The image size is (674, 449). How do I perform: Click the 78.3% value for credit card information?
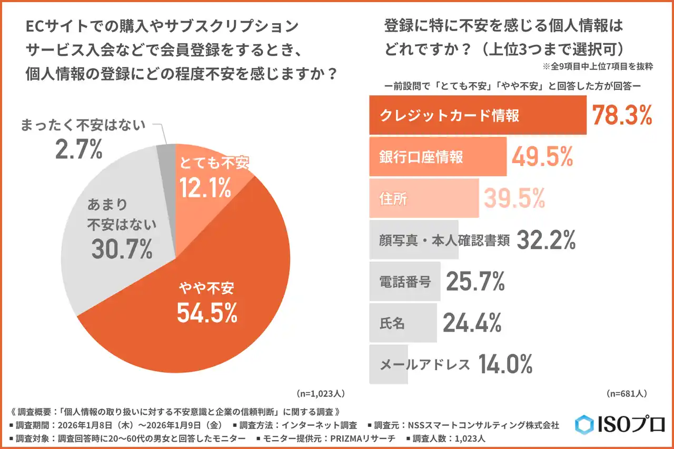622,115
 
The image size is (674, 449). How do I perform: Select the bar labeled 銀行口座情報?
437,157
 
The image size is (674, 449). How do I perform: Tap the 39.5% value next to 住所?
514,198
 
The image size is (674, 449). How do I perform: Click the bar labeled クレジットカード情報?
477,115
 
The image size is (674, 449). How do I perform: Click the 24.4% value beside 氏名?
472,323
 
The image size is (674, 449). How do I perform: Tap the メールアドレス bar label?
424,364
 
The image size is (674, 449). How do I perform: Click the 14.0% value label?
506,364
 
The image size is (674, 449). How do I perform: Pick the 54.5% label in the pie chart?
206,313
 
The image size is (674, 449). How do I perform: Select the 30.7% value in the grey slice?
122,248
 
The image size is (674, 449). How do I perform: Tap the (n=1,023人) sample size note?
321,393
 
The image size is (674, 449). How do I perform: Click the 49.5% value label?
542,157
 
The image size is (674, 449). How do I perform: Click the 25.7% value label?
475,282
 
